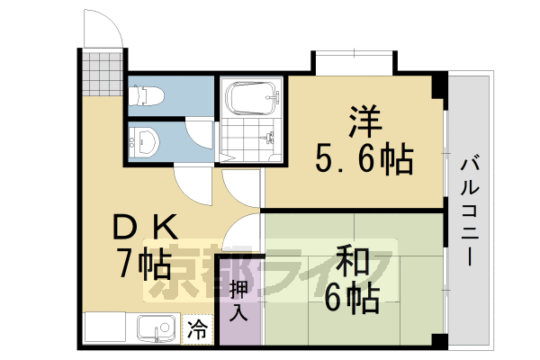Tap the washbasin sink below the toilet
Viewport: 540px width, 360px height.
point(145,140)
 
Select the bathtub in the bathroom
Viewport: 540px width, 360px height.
point(251,97)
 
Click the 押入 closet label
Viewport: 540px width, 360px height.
point(238,301)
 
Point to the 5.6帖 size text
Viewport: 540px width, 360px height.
point(364,160)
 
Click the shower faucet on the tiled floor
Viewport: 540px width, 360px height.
point(268,137)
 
